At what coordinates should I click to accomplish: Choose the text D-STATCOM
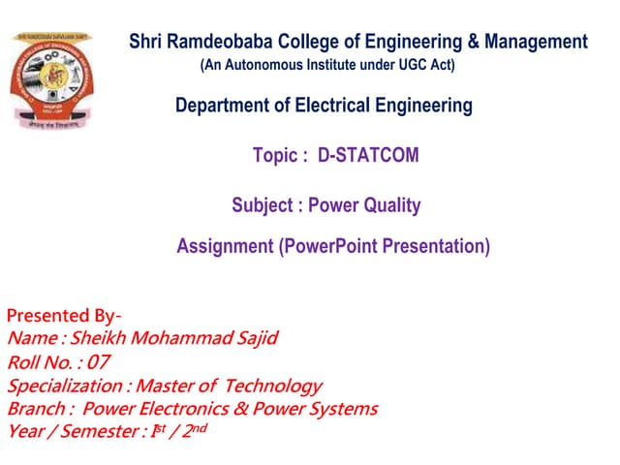[x=368, y=155]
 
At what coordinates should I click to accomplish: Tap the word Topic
[x=276, y=155]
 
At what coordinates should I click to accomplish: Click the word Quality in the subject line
[x=391, y=205]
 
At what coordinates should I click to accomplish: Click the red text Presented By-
[x=64, y=316]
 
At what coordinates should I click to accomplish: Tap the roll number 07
[x=97, y=362]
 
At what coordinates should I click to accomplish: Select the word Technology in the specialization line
[x=270, y=386]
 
